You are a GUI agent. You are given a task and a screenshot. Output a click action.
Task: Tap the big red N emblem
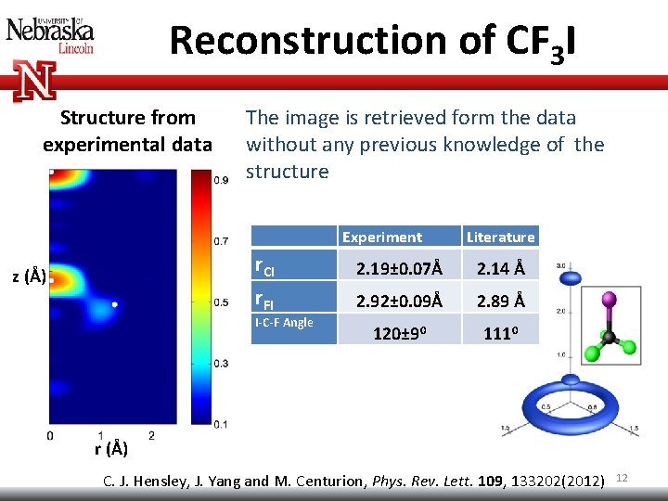coord(34,80)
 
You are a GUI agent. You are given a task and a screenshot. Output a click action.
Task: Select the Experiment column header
coord(381,238)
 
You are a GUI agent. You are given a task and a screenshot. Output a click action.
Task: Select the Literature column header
coord(500,238)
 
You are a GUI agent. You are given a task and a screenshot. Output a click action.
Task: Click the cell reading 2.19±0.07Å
coord(399,268)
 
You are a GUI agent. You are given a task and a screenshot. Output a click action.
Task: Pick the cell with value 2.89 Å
coord(500,301)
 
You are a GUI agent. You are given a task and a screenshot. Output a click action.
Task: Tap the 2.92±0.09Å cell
coord(399,301)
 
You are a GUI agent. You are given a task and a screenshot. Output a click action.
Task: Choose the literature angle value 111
coord(500,331)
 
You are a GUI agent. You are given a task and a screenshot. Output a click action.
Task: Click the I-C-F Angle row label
coord(284,323)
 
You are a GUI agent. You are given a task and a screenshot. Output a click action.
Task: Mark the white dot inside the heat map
coord(114,304)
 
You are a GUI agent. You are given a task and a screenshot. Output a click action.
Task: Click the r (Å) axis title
coord(111,450)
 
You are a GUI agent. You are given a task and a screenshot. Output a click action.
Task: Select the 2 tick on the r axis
coord(151,435)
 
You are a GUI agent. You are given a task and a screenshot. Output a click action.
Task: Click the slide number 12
coord(623,477)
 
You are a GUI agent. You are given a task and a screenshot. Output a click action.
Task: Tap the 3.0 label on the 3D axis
coord(560,266)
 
